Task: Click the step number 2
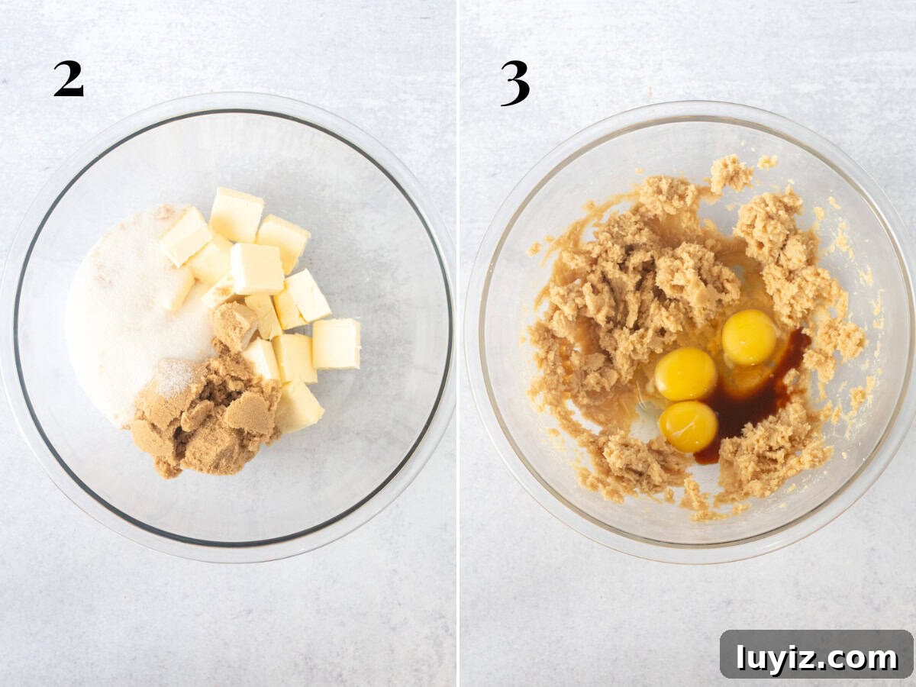pos(69,79)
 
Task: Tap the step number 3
pos(515,83)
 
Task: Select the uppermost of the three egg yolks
pos(749,337)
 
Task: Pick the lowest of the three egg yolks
pos(689,426)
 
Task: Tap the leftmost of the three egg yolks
pos(685,373)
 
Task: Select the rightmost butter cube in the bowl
pos(337,343)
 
